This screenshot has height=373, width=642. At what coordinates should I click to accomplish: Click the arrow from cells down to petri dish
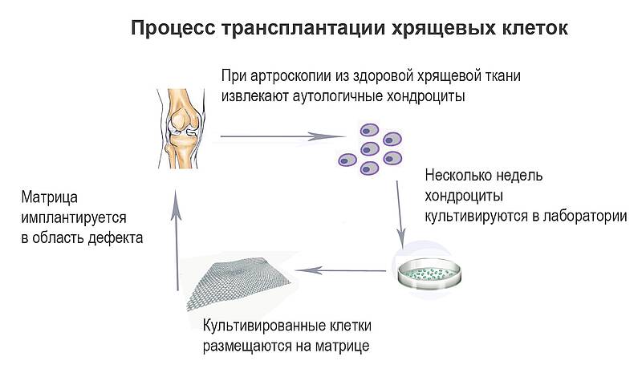[399, 212]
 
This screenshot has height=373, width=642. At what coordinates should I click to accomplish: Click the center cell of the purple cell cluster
[370, 148]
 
